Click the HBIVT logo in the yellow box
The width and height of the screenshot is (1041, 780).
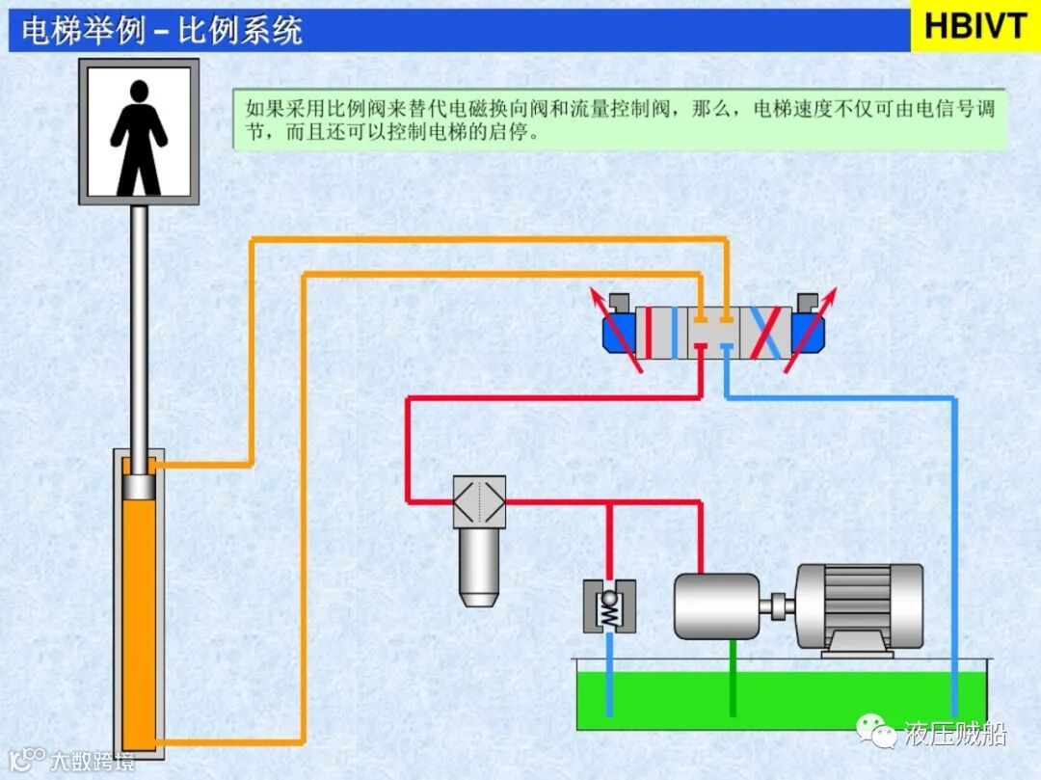tap(975, 26)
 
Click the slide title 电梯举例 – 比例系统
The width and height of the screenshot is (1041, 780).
tap(162, 30)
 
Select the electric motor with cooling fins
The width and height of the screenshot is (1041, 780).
tap(858, 607)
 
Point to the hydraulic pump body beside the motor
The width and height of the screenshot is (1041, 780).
tap(716, 605)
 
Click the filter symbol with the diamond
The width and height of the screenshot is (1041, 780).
tap(479, 501)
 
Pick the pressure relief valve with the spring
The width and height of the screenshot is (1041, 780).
tap(608, 606)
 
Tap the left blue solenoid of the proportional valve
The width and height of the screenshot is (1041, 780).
tap(617, 333)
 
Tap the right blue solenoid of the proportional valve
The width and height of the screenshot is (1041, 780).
tap(811, 333)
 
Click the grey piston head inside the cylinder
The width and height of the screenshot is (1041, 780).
tap(139, 487)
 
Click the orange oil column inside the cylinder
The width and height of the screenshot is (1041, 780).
tap(139, 617)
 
